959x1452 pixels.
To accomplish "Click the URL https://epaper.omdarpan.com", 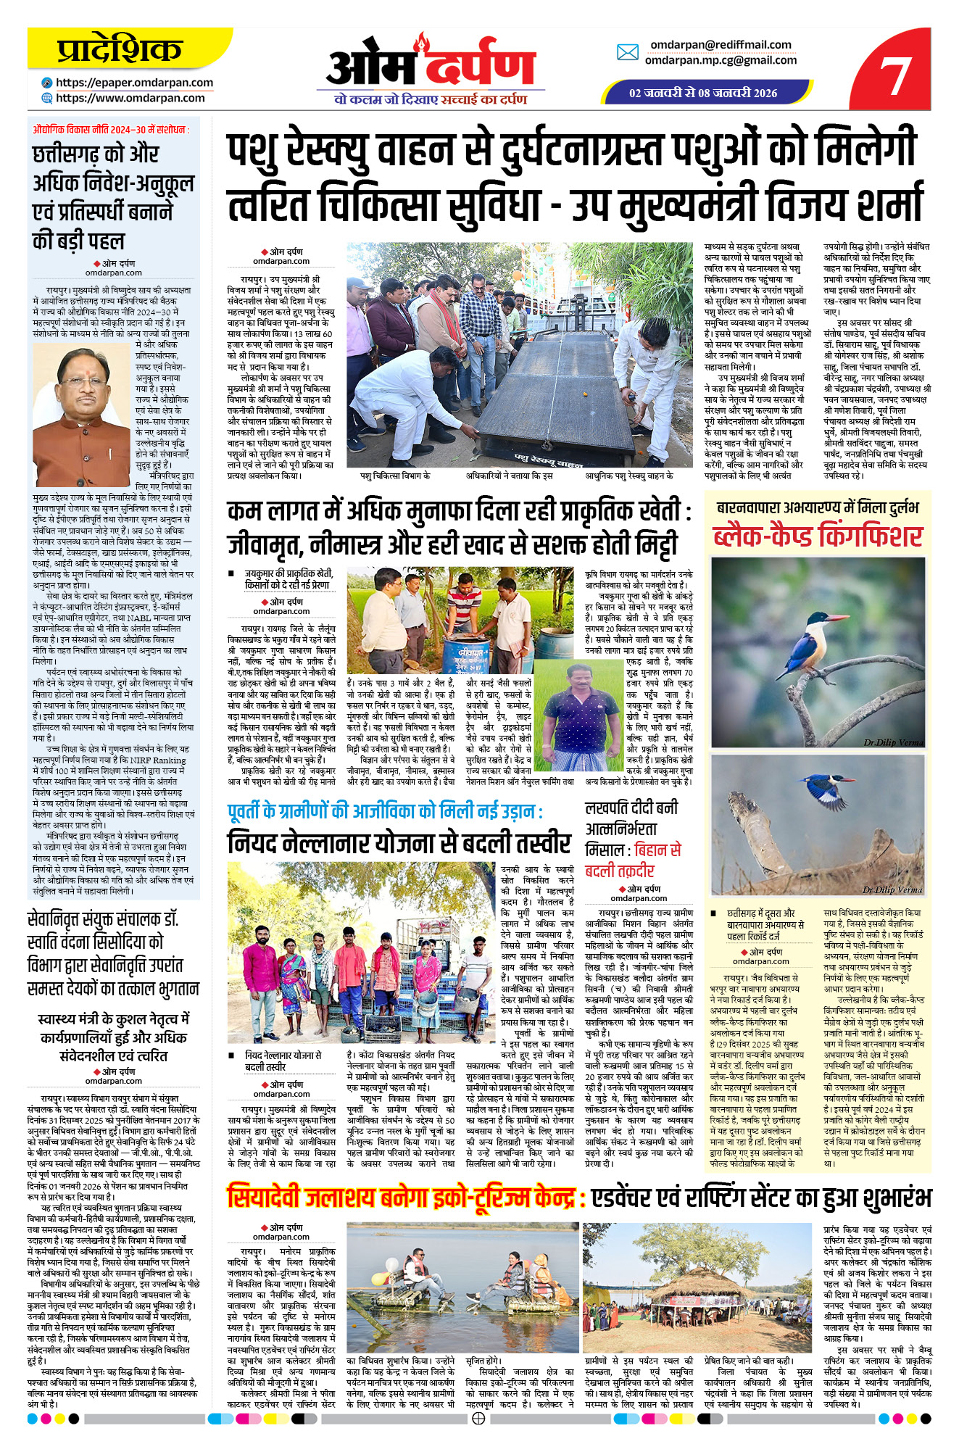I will click(134, 83).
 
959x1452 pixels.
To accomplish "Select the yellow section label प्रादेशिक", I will click(120, 49).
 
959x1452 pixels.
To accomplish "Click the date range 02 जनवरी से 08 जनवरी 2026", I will click(702, 93).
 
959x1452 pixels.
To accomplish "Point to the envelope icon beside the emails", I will click(627, 52).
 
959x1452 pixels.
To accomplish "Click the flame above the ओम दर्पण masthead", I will click(421, 42).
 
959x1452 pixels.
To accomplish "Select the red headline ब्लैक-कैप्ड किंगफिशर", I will click(817, 537).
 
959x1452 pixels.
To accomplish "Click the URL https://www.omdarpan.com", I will click(130, 98).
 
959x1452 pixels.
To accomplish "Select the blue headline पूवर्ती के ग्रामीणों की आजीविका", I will click(384, 811).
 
